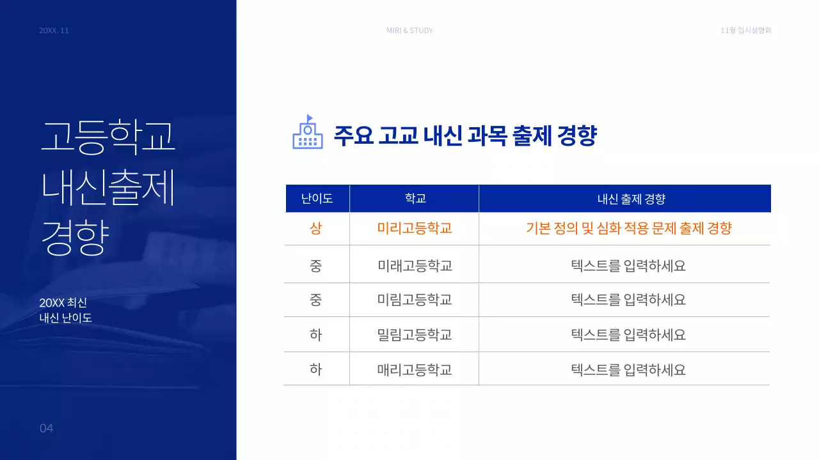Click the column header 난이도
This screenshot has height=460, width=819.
point(317,199)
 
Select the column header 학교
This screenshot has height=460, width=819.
point(415,199)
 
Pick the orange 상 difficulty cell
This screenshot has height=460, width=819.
point(316,228)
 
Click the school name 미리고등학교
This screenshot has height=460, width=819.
point(415,228)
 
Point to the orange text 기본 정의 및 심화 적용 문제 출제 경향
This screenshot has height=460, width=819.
point(628,228)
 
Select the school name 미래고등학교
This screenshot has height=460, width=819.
point(415,265)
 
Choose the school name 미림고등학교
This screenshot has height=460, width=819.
point(415,300)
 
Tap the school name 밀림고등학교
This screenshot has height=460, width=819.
point(415,334)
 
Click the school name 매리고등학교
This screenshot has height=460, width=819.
point(415,369)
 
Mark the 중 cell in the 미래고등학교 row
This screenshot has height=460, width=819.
point(316,265)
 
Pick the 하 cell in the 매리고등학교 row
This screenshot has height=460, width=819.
point(316,369)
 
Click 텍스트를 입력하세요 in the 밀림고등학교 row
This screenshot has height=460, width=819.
point(628,334)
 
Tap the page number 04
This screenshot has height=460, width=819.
point(46,428)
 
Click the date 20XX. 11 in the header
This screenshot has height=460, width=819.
point(54,31)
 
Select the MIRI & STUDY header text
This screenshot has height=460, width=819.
point(409,31)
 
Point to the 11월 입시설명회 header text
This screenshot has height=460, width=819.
point(745,31)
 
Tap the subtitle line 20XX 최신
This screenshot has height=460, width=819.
point(63,303)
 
